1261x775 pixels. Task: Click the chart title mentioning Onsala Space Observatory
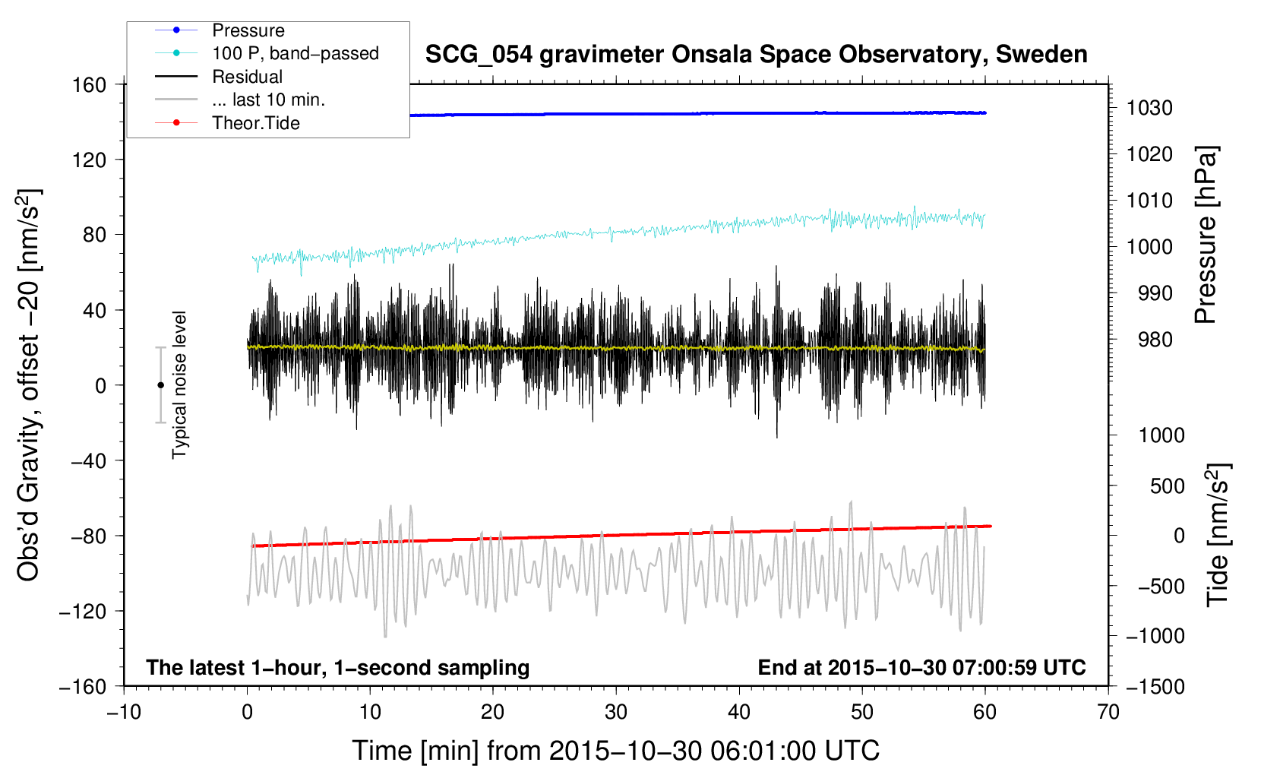coord(756,55)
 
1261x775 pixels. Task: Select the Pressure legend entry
coord(248,30)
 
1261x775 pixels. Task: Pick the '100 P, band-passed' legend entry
coord(295,53)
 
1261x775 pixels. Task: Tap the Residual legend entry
coord(247,77)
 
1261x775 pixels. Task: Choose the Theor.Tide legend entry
coord(255,123)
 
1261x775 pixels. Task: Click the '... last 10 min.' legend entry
coord(268,100)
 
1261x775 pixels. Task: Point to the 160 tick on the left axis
coord(90,84)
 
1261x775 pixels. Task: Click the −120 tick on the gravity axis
coord(83,611)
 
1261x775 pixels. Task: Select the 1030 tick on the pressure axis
coord(1149,108)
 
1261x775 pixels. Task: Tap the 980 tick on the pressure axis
coord(1155,340)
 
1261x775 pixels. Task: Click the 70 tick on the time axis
coord(1108,712)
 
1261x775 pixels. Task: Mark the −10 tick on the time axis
coord(124,712)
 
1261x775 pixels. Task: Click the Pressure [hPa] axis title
coord(1206,235)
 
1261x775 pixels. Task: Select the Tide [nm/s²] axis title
coord(1218,534)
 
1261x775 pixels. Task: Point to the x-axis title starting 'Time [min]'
coord(615,751)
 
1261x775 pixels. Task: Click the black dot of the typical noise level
coord(160,385)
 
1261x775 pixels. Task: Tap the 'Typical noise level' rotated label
coord(179,384)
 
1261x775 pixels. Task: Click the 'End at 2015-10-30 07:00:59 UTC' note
coord(921,668)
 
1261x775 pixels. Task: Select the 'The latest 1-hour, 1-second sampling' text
coord(338,668)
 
